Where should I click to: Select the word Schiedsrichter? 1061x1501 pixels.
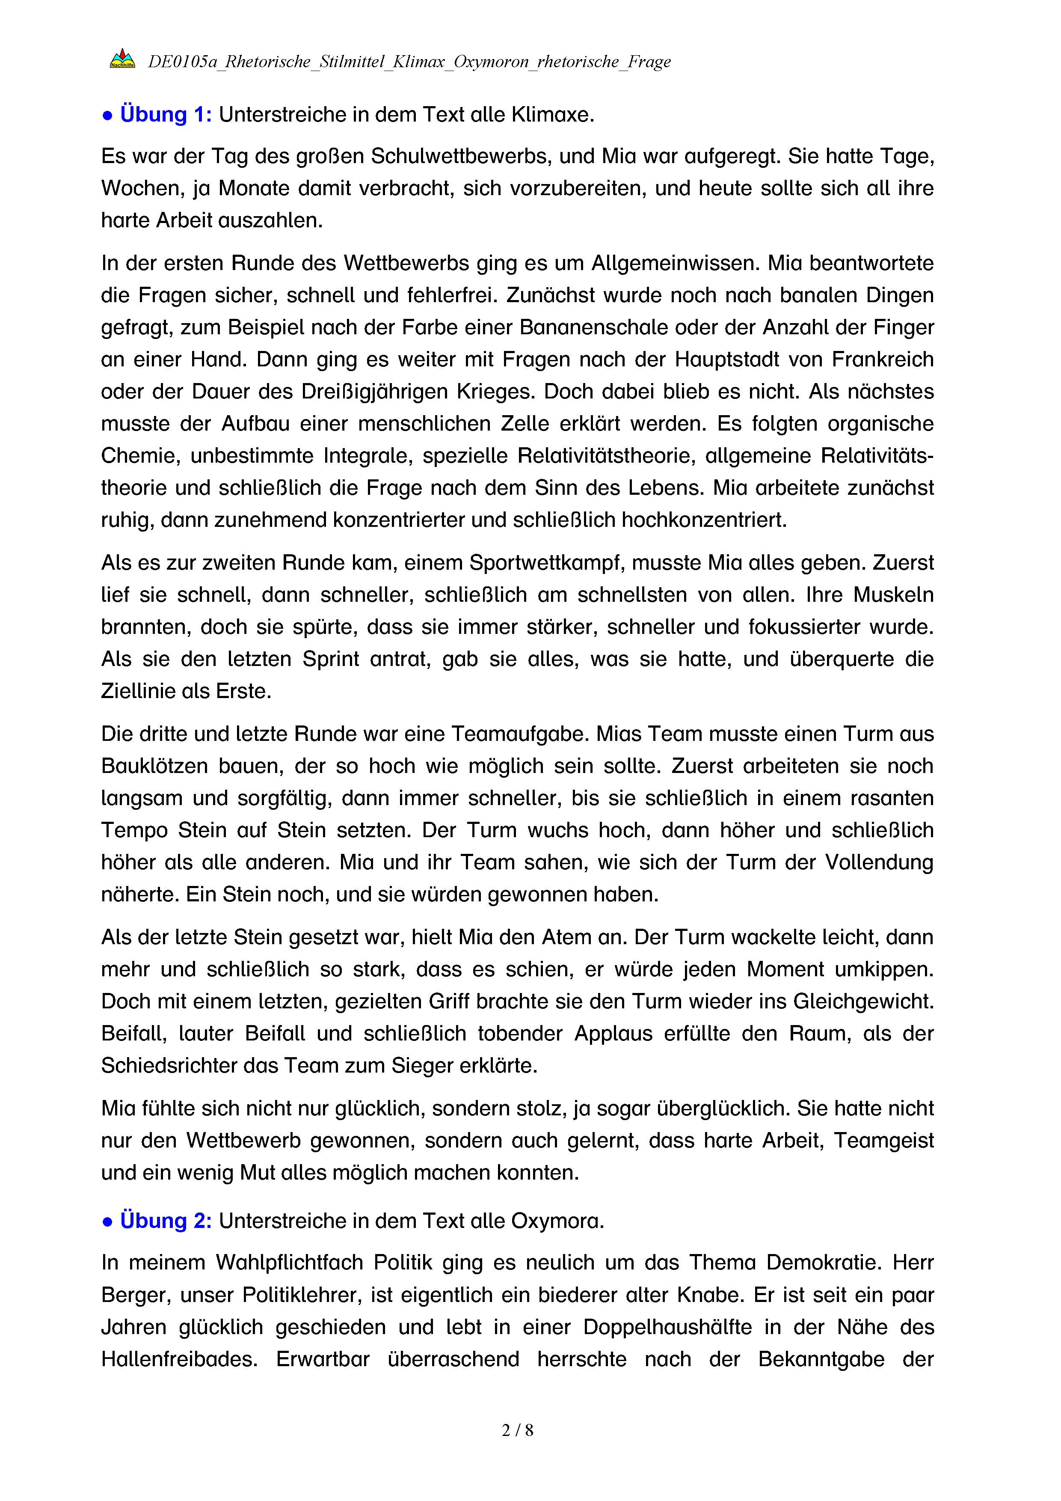point(169,1066)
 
